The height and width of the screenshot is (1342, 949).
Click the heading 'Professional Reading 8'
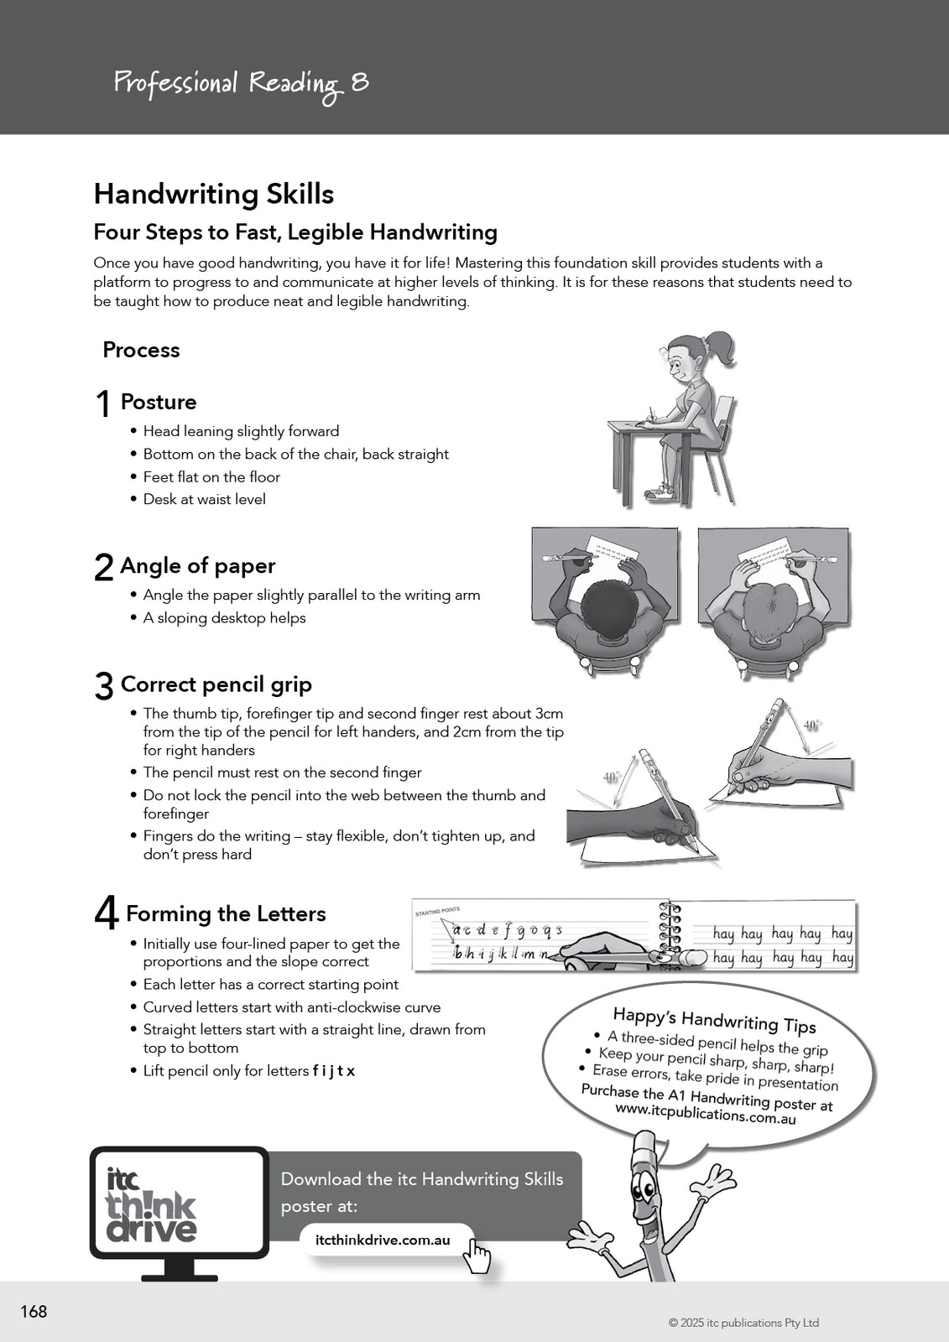(x=241, y=84)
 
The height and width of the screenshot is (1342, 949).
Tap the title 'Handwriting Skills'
(x=214, y=195)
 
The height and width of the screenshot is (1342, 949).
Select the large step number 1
(x=103, y=404)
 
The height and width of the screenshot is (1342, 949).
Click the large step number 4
(x=106, y=913)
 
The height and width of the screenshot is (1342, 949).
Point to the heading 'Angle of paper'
(x=197, y=566)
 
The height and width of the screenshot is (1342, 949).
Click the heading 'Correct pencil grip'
(x=216, y=684)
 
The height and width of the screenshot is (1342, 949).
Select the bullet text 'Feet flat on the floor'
(x=211, y=476)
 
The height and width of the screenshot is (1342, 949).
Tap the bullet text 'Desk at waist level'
(x=204, y=499)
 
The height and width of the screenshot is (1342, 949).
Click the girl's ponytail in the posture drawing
(x=721, y=346)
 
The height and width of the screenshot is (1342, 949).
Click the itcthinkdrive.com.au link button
(x=383, y=1241)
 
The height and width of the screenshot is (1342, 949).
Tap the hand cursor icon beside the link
(x=478, y=1256)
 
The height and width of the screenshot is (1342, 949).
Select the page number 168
(x=34, y=1312)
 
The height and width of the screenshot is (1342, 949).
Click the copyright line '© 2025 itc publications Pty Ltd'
(x=743, y=1323)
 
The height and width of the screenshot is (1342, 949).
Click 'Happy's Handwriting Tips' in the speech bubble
(x=714, y=1021)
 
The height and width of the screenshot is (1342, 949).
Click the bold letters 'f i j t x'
(x=334, y=1071)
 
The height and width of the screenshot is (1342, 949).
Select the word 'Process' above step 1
(x=141, y=350)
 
